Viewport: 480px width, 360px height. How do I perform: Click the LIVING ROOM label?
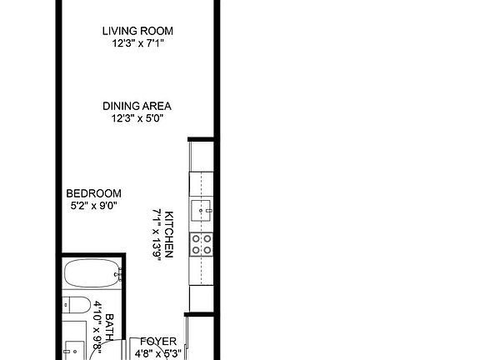[x=137, y=32]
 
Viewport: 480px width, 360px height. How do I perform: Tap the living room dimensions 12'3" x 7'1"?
[x=137, y=43]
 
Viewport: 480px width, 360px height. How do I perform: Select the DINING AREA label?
[x=137, y=106]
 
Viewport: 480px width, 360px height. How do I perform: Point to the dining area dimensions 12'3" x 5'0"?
[x=137, y=117]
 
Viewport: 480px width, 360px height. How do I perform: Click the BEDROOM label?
[x=94, y=192]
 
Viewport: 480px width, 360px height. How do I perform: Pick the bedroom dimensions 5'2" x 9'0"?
[x=94, y=204]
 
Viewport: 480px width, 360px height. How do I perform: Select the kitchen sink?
[x=201, y=208]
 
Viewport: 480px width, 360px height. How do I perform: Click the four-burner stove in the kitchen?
[x=202, y=243]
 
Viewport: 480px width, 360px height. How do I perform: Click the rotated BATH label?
[x=109, y=323]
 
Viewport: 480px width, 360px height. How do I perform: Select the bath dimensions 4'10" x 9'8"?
[x=97, y=327]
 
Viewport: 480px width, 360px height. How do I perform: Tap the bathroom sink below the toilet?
[x=75, y=350]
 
